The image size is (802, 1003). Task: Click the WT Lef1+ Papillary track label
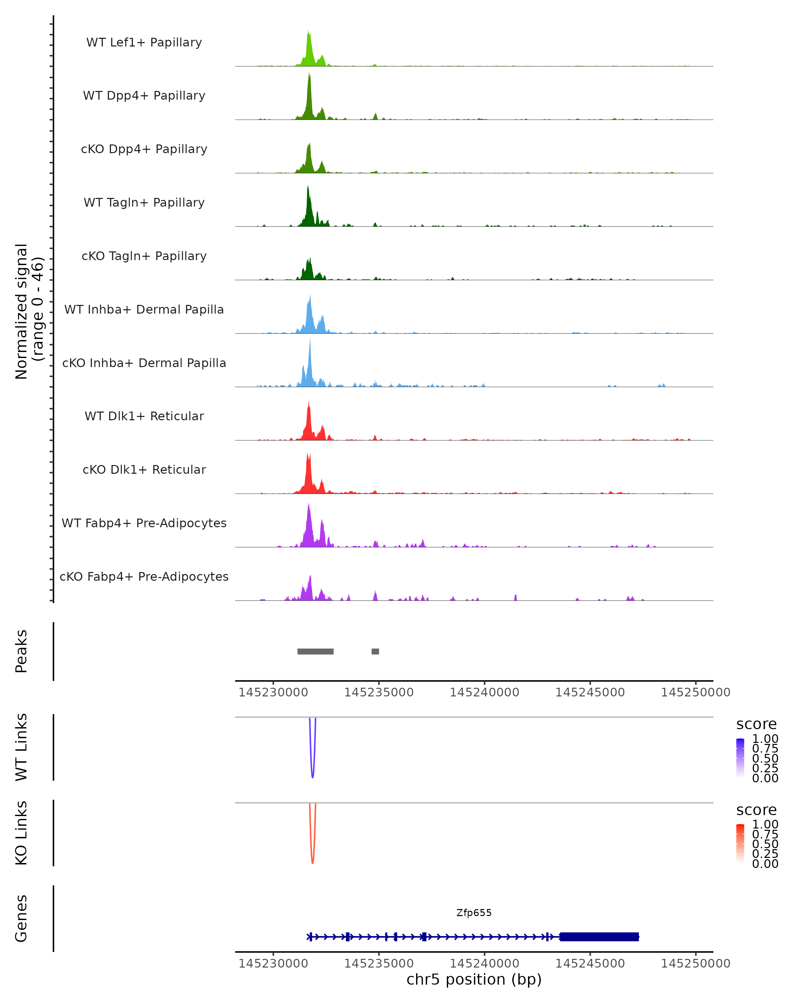(144, 42)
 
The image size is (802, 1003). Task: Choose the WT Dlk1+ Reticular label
(144, 416)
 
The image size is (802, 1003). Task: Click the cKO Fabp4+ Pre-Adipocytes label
(144, 576)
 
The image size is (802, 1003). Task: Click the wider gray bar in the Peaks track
(315, 651)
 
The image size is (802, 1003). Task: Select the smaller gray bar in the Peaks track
(375, 651)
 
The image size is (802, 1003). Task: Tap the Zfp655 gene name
(474, 913)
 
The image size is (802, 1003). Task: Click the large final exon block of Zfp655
(599, 937)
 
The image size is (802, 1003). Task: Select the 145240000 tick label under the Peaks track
(485, 692)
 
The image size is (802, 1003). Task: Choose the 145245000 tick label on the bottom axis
(590, 964)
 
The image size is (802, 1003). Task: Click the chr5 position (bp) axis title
(474, 980)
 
